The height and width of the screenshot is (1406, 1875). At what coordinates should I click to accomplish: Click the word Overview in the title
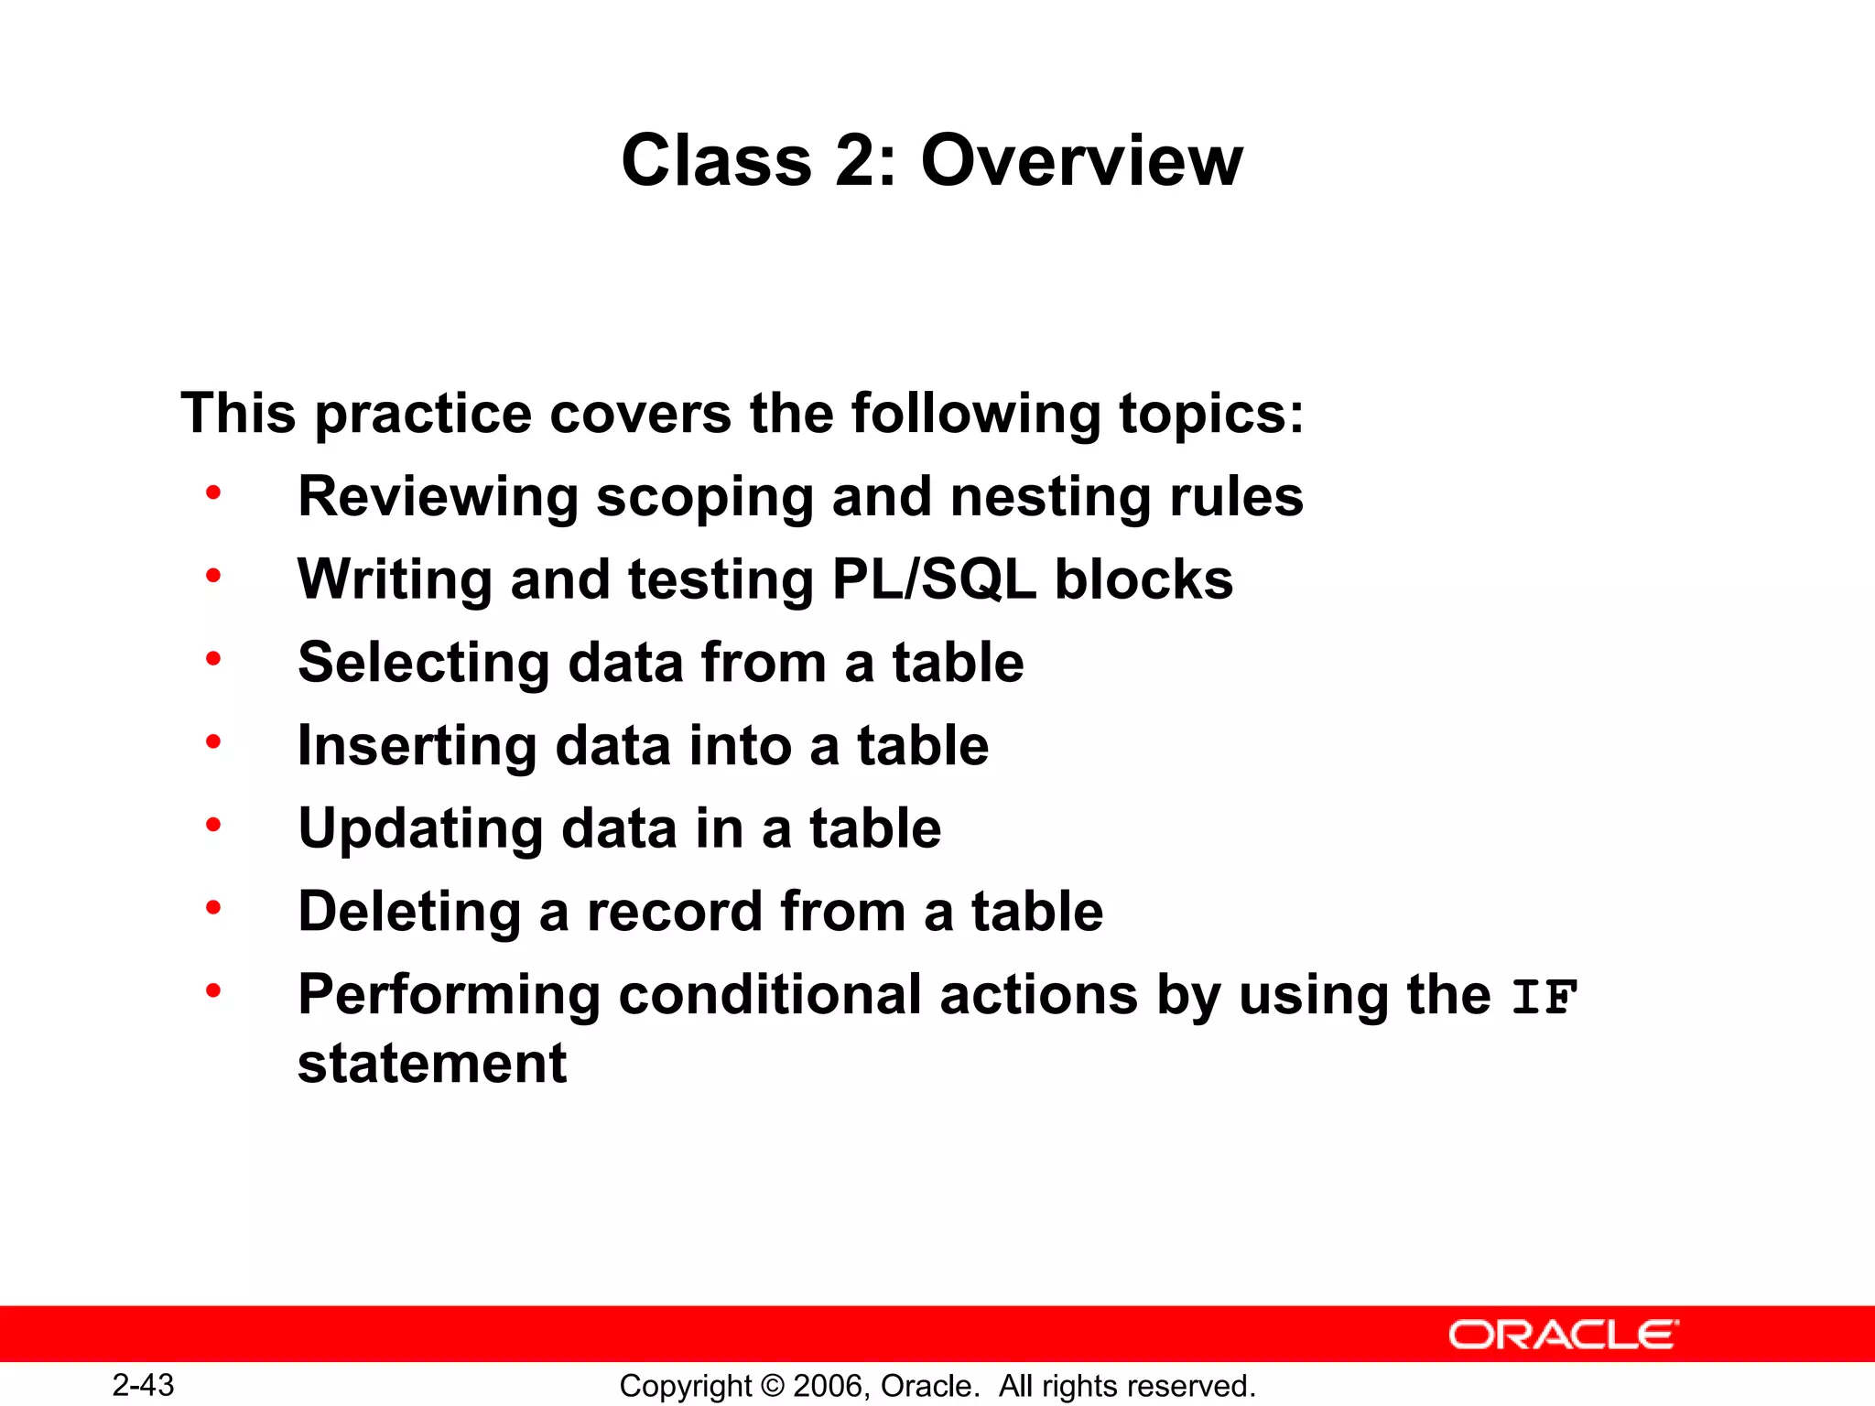point(1081,160)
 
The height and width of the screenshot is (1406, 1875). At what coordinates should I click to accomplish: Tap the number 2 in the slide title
point(856,160)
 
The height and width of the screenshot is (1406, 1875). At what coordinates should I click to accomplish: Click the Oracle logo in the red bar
point(1563,1335)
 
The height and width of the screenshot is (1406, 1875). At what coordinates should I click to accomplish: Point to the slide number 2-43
point(143,1385)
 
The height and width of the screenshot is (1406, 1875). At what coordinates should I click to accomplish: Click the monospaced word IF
point(1544,997)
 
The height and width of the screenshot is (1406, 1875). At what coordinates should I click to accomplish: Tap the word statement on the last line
point(432,1064)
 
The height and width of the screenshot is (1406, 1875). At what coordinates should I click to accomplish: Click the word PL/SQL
point(934,579)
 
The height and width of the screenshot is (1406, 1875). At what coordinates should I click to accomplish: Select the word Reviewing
point(438,497)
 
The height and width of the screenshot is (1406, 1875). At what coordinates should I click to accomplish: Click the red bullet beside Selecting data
point(213,658)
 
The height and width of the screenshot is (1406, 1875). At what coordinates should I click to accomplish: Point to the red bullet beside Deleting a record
point(213,907)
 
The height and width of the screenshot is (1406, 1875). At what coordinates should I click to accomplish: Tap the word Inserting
point(417,746)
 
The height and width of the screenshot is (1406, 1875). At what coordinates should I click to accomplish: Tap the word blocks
point(1143,579)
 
